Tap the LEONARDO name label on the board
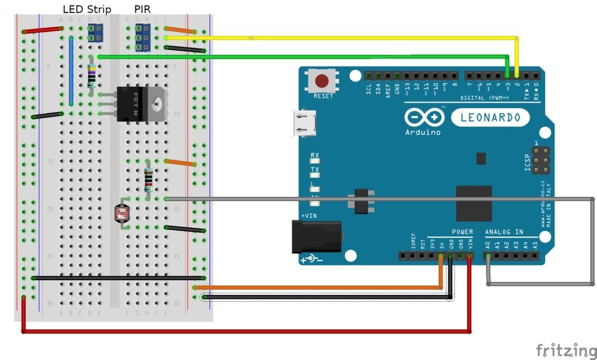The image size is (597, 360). tap(490, 118)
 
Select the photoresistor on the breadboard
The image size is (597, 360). tap(123, 214)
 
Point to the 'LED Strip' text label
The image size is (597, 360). tap(87, 9)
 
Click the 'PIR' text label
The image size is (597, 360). tap(142, 9)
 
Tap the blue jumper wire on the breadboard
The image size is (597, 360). tap(71, 70)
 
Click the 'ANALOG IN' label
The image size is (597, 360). tap(505, 232)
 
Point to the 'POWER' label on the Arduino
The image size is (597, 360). tap(462, 232)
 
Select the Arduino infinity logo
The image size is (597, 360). tap(424, 118)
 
